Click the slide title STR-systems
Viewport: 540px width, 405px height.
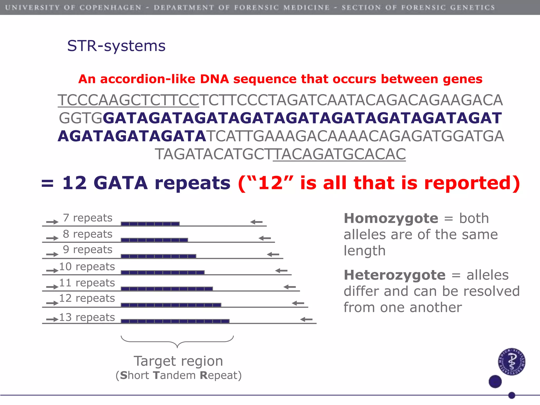pyautogui.click(x=116, y=46)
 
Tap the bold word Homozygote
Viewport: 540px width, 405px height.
pyautogui.click(x=391, y=218)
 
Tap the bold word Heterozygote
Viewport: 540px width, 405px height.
pyautogui.click(x=395, y=275)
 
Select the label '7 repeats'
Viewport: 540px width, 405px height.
pyautogui.click(x=88, y=218)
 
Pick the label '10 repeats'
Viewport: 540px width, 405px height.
pyautogui.click(x=87, y=267)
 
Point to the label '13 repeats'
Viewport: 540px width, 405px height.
pyautogui.click(x=87, y=317)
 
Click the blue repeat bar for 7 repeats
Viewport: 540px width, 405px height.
pyautogui.click(x=150, y=224)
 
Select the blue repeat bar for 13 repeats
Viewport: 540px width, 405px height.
pyautogui.click(x=175, y=321)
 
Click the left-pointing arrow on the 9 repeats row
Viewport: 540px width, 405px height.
pyautogui.click(x=273, y=254)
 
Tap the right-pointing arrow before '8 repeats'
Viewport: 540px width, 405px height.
pyautogui.click(x=52, y=238)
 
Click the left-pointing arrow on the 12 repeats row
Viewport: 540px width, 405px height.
pyautogui.click(x=298, y=303)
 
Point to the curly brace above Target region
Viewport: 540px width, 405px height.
pyautogui.click(x=177, y=341)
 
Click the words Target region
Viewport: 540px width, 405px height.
pyautogui.click(x=178, y=361)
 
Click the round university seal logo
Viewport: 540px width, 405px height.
pyautogui.click(x=512, y=361)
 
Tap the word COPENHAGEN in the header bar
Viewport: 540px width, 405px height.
pyautogui.click(x=110, y=7)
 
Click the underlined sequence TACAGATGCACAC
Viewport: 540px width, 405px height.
pyautogui.click(x=339, y=154)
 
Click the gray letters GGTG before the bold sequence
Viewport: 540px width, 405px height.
pyautogui.click(x=80, y=118)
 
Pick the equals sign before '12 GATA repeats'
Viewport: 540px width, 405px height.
pyautogui.click(x=47, y=183)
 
